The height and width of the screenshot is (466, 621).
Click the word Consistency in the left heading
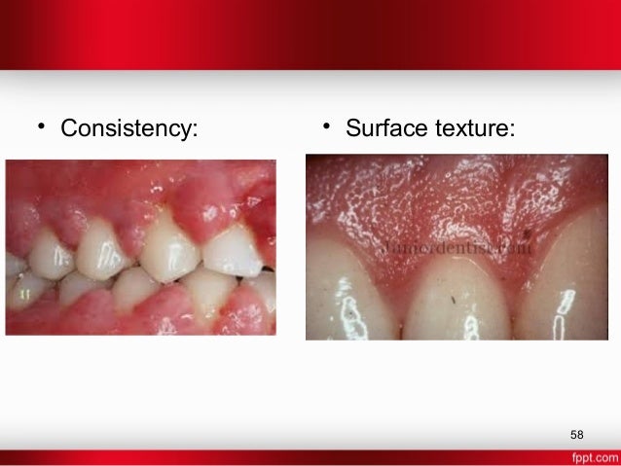pos(128,128)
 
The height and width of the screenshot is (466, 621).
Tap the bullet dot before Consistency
pos(42,127)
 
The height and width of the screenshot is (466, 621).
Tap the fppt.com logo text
pos(592,456)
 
